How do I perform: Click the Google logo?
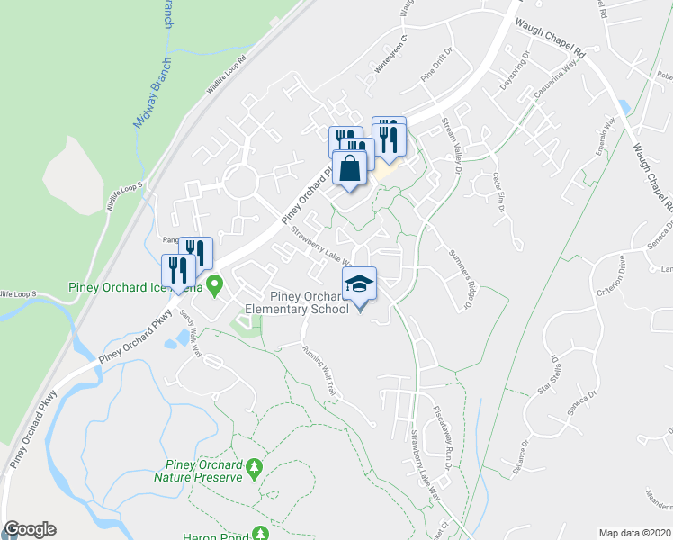[x=30, y=529]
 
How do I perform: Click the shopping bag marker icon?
[x=350, y=168]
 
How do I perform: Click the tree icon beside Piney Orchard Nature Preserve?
[x=256, y=468]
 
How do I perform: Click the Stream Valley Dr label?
[x=451, y=143]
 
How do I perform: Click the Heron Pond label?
[x=220, y=535]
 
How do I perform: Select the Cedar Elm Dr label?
[x=498, y=191]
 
